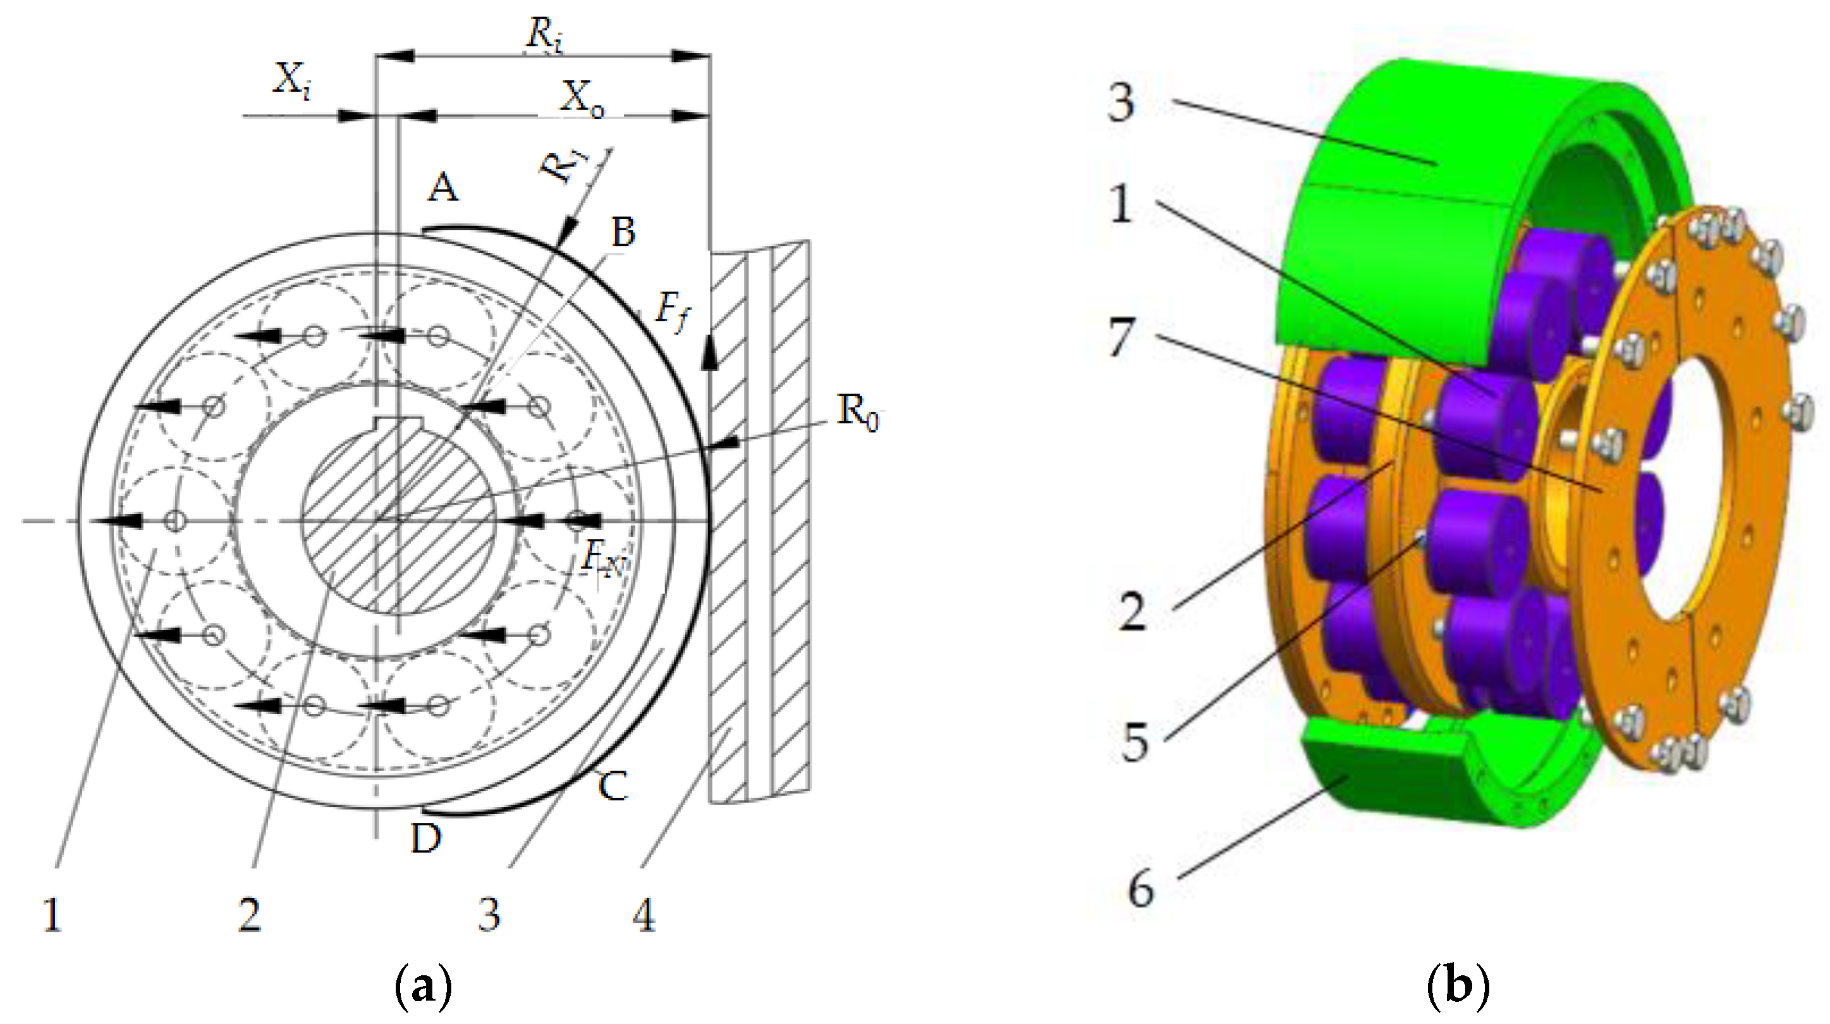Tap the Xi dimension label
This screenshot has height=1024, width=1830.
click(x=291, y=80)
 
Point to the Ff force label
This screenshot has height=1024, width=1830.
click(x=672, y=312)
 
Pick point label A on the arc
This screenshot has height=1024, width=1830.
click(x=442, y=188)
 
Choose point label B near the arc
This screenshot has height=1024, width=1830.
click(x=622, y=232)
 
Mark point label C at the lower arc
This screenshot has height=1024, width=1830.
click(x=613, y=787)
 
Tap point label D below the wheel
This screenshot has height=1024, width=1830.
click(x=425, y=839)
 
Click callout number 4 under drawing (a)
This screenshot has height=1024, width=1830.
click(x=644, y=915)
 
